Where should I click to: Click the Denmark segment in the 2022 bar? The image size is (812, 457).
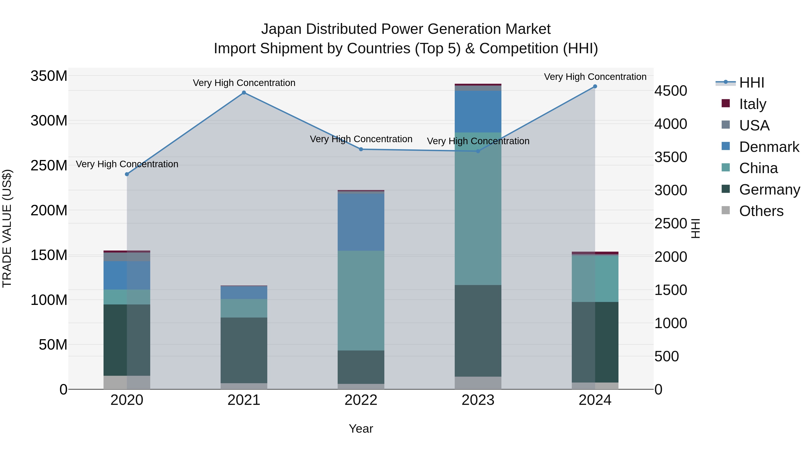(361, 222)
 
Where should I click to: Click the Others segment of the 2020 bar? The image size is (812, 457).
(127, 382)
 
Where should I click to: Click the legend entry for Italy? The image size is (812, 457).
(752, 104)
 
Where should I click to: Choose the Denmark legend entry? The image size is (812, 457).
(769, 147)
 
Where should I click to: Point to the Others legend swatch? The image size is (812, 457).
(725, 210)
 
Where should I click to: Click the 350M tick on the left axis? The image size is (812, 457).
(49, 76)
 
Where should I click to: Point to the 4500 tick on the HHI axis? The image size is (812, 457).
(671, 91)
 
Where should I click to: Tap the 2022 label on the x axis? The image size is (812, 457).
(361, 400)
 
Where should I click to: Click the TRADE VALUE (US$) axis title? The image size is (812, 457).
(7, 228)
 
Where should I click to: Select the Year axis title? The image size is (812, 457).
(361, 429)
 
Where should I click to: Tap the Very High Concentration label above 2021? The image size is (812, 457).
(244, 83)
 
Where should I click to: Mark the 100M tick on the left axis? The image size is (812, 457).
(49, 300)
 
